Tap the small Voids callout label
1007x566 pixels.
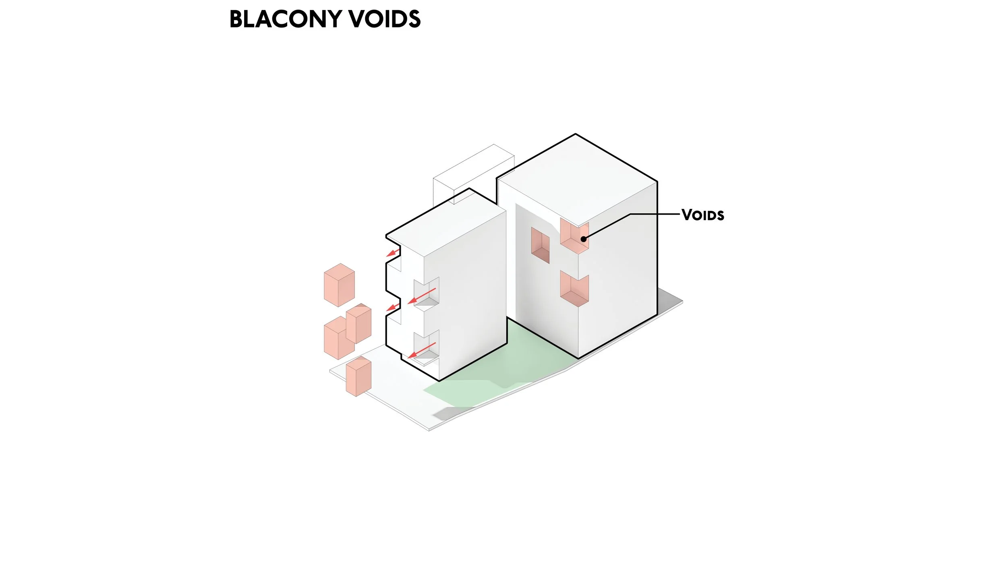703,215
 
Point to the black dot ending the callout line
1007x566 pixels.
583,239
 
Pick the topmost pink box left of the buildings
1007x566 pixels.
339,285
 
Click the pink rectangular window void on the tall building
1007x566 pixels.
540,245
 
